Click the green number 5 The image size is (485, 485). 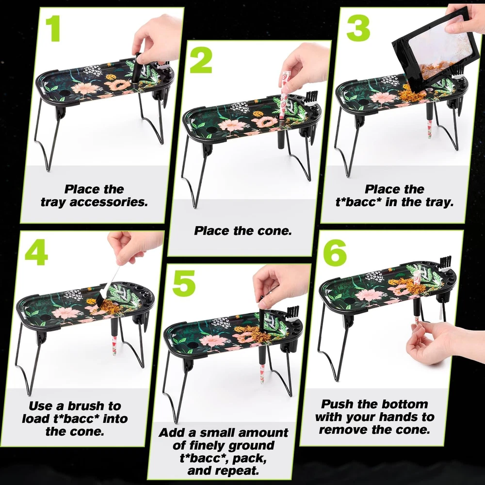point(184,283)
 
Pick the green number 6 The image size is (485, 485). point(335,252)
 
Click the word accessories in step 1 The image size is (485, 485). point(109,202)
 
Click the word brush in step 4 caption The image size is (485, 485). point(87,406)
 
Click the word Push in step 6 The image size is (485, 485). point(338,404)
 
